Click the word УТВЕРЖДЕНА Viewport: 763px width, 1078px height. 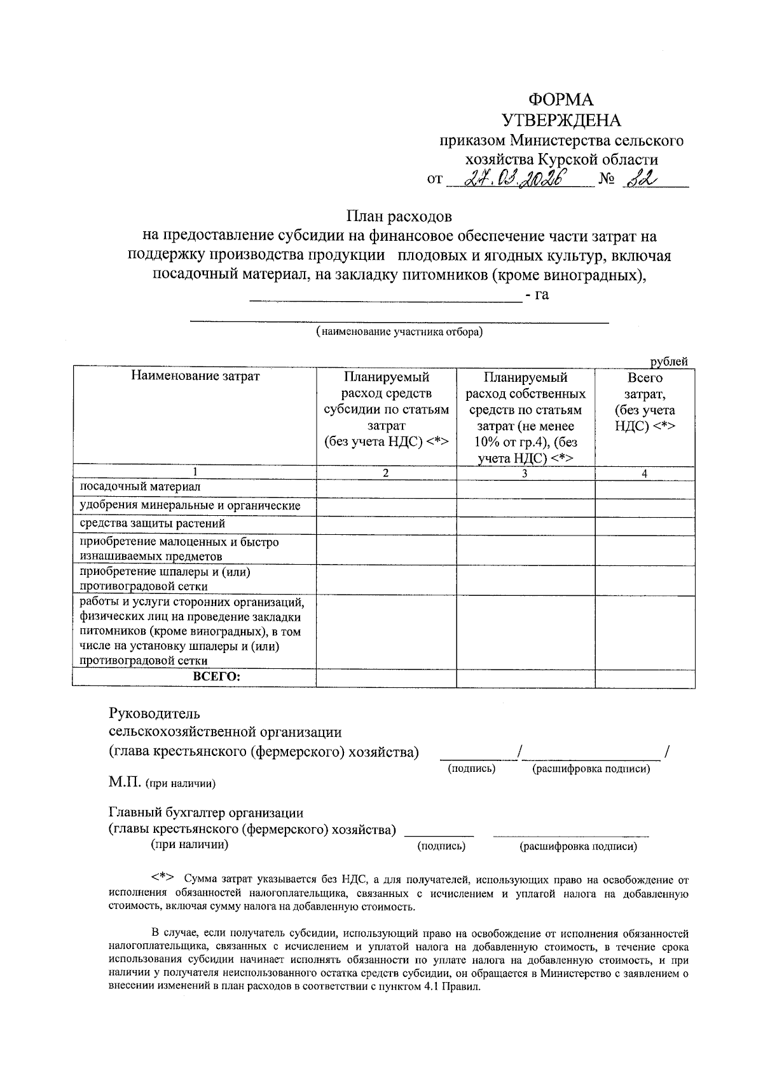pyautogui.click(x=561, y=120)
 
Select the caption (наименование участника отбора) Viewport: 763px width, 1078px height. pyautogui.click(x=399, y=332)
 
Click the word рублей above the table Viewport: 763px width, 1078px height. pyautogui.click(x=668, y=361)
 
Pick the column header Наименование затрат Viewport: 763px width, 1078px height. pyautogui.click(x=195, y=376)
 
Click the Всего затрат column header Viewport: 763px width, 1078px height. pyautogui.click(x=645, y=401)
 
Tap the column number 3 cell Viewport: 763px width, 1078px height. pyautogui.click(x=525, y=473)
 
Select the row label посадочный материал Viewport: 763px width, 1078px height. pyautogui.click(x=140, y=487)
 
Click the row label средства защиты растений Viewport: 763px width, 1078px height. pyautogui.click(x=152, y=523)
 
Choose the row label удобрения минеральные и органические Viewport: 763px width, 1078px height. pyautogui.click(x=189, y=506)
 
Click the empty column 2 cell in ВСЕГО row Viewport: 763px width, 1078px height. pyautogui.click(x=386, y=678)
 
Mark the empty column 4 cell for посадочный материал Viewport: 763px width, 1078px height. pyautogui.click(x=645, y=488)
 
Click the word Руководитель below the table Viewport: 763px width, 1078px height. pyautogui.click(x=155, y=713)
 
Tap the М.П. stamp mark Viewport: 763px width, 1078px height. pyautogui.click(x=125, y=783)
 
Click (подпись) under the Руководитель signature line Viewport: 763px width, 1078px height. pyautogui.click(x=472, y=769)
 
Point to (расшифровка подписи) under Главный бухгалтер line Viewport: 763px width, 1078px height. pyautogui.click(x=578, y=847)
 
